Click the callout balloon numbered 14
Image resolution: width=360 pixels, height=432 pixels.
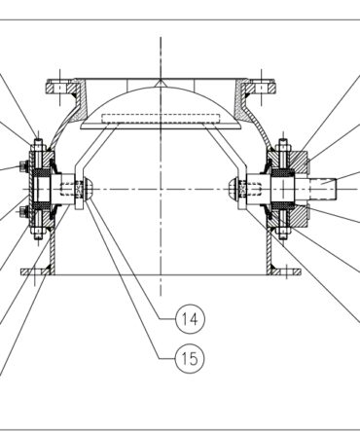[190, 319]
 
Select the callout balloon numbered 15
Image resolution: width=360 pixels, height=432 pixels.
[190, 358]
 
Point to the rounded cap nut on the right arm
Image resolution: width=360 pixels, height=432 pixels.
[234, 190]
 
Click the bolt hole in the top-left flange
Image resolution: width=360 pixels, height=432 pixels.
[59, 89]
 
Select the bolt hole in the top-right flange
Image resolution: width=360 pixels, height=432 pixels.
[261, 89]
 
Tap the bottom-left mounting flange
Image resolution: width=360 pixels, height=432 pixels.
[35, 271]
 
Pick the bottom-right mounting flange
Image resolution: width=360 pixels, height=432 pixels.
[285, 271]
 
